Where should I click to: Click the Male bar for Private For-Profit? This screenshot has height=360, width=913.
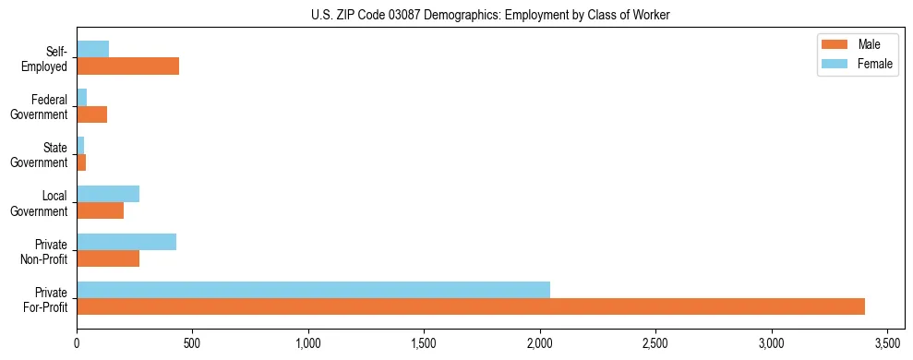pos(471,306)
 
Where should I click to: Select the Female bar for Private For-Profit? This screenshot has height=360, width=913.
pos(313,290)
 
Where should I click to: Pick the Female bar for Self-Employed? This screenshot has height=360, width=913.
pos(92,49)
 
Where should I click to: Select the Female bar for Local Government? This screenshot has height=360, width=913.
pos(108,194)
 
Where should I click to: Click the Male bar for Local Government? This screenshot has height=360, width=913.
pos(100,210)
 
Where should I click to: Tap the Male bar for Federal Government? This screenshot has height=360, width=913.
pos(91,114)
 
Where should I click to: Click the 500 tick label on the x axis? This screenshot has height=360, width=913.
pos(192,345)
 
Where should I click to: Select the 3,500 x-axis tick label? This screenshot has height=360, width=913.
pos(887,345)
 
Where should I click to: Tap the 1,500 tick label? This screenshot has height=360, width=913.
pos(424,345)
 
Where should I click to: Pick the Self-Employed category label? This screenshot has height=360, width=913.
pos(49,58)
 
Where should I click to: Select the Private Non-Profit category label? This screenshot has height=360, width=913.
pos(48,251)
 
